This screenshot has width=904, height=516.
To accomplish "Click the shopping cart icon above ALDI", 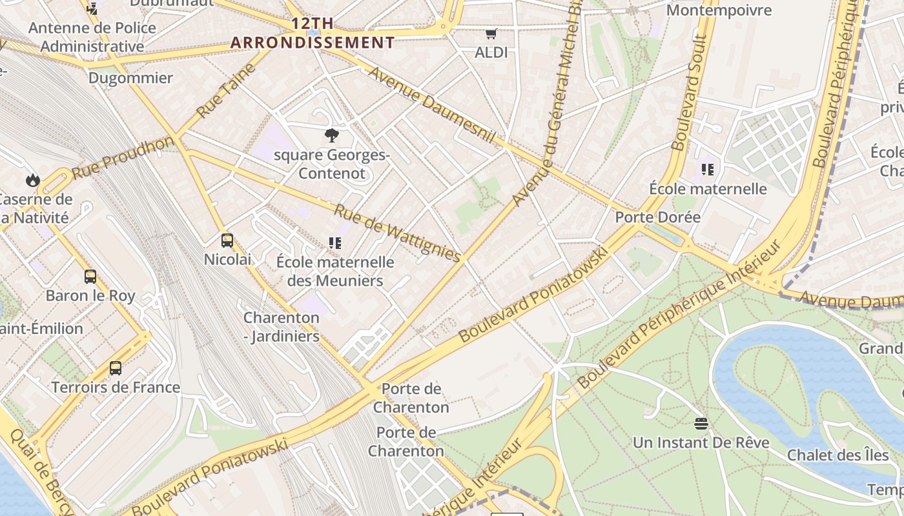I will pos(491,34).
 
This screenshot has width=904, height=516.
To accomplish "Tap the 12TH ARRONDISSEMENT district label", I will pos(313,34).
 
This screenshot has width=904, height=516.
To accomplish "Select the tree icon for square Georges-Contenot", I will pos(332,135).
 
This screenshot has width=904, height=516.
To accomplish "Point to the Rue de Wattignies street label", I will pos(397,233).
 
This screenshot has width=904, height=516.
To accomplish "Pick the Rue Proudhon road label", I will pos(123,158).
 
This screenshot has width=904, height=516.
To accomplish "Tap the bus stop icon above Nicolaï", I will pos(227,241).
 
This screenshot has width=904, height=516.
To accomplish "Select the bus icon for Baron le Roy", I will pos(90,277).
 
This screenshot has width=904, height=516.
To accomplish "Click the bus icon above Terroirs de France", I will pos(116,368).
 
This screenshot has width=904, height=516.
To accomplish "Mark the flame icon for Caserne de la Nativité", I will pos(33,180).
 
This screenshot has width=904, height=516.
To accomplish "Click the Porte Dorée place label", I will pos(657,217).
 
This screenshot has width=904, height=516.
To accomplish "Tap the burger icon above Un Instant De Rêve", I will pos(701,424).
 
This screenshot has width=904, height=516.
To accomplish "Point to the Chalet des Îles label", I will pos(837,455).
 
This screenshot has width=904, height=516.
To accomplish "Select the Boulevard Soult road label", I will pos(689,94).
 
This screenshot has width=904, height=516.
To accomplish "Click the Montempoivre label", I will pos(719,10).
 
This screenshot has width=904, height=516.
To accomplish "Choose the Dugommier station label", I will pos(130,78).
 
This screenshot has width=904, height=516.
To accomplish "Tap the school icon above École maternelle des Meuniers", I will pos(335,243).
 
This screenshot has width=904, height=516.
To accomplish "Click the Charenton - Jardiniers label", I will pos(281,327).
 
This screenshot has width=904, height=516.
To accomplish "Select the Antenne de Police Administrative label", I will pos(92,37).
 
